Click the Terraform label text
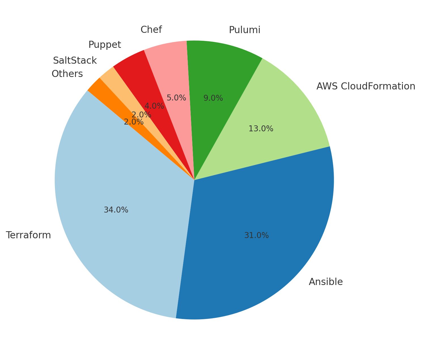click(28, 235)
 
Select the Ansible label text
click(326, 282)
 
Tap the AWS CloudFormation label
click(366, 86)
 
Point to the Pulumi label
click(244, 30)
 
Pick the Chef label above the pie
click(151, 30)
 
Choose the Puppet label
click(105, 45)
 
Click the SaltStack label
click(75, 61)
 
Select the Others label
click(67, 74)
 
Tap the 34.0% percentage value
click(116, 210)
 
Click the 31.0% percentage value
click(256, 235)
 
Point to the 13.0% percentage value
click(261, 129)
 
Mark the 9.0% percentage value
click(213, 98)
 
